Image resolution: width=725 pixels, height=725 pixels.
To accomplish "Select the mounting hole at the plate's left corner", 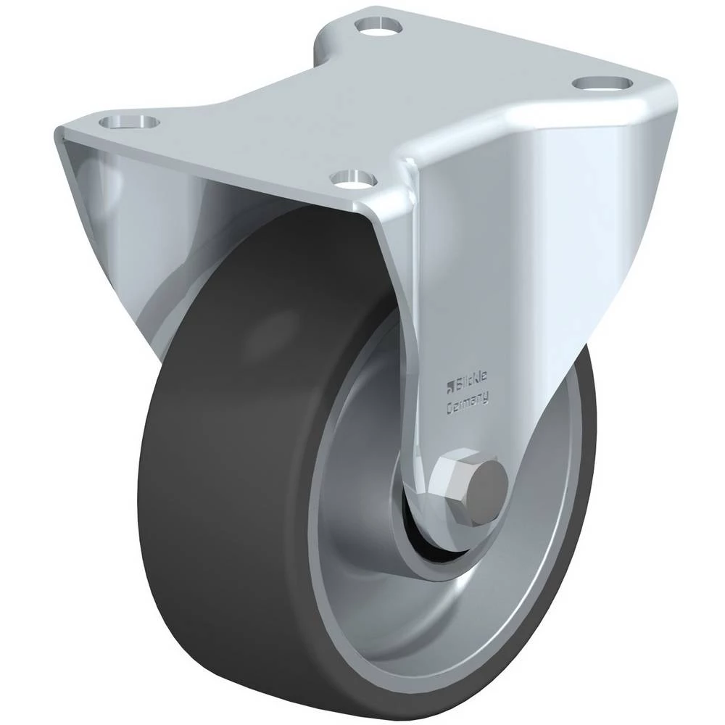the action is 129,122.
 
